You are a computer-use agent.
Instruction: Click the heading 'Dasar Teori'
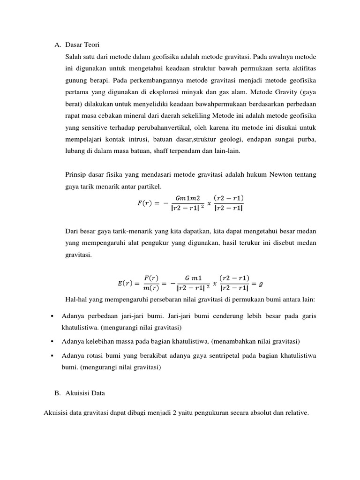(x=83, y=45)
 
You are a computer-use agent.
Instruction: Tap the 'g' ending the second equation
(x=261, y=284)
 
